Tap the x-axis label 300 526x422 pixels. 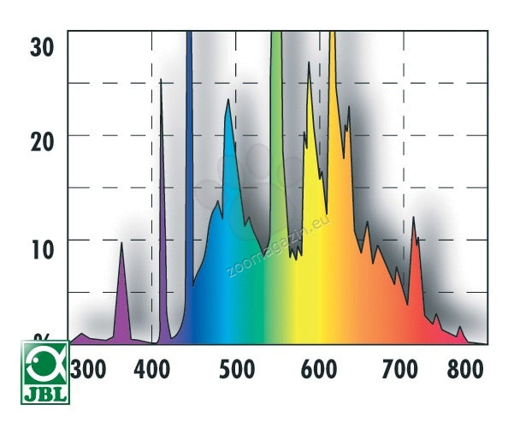tap(89, 370)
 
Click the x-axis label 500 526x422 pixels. tap(237, 370)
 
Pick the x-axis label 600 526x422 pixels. tap(319, 370)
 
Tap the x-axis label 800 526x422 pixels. tap(465, 370)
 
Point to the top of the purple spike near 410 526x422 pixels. tap(161, 80)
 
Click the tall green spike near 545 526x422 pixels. tap(276, 128)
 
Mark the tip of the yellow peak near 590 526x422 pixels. tap(310, 63)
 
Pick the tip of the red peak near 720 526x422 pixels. tap(413, 217)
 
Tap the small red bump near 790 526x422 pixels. tap(459, 328)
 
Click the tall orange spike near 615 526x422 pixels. tap(332, 103)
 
